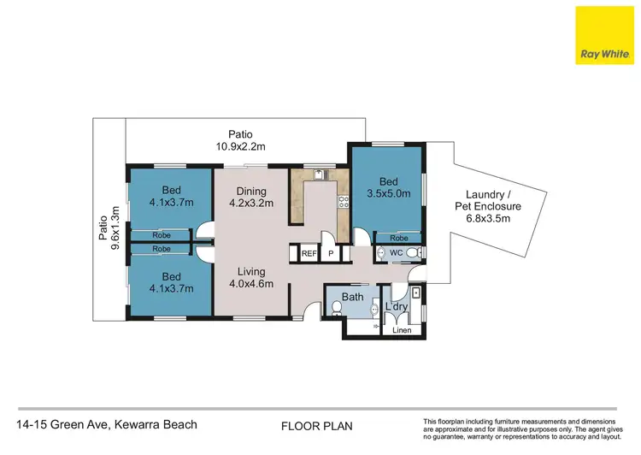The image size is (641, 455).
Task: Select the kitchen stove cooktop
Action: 344,203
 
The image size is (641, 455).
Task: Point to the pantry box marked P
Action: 331,254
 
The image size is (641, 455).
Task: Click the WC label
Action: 396,253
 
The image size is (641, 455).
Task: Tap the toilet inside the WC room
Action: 412,253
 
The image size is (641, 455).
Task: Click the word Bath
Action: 353,298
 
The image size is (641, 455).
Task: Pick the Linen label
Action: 401,330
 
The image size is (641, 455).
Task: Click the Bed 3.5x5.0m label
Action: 388,188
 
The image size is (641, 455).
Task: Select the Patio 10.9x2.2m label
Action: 240,140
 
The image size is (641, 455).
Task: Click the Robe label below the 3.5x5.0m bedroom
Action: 398,239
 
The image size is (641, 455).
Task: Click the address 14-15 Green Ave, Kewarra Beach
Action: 107,424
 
